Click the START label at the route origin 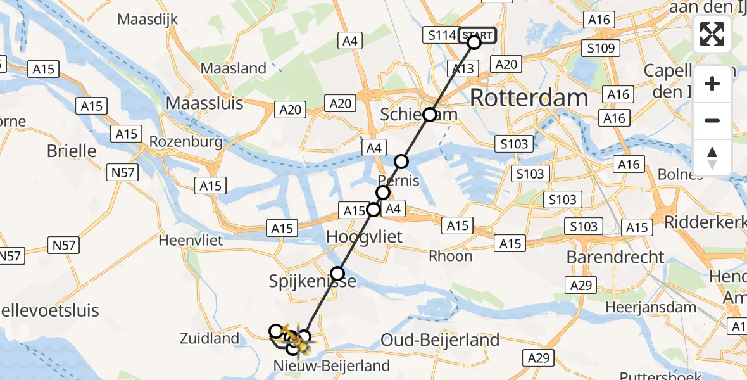[x=477, y=35]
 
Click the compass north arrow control [x=712, y=158]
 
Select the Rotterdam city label [x=529, y=98]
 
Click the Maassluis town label [x=204, y=102]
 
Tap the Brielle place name [x=72, y=151]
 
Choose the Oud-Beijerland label [x=440, y=340]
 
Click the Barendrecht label [x=615, y=256]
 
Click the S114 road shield [x=442, y=35]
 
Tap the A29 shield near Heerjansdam [x=582, y=285]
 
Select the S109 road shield [x=601, y=47]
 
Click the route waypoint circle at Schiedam [x=430, y=115]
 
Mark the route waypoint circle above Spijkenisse [x=337, y=274]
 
